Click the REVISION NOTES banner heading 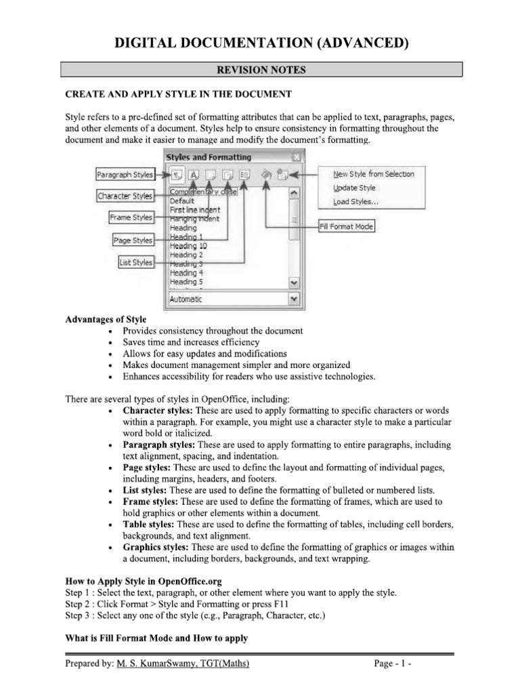(x=261, y=70)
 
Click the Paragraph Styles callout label (x=125, y=174)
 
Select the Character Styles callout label (x=125, y=196)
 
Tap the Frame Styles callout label (x=131, y=218)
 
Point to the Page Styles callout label (x=133, y=240)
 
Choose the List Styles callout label (x=135, y=262)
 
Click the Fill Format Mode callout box (x=346, y=226)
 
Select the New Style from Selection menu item (x=373, y=174)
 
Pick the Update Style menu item (x=353, y=188)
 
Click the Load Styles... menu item (x=355, y=202)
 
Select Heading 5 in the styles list (x=182, y=282)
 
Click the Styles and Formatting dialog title (x=208, y=157)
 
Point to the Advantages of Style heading (x=105, y=319)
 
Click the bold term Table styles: (x=148, y=525)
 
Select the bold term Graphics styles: (x=156, y=547)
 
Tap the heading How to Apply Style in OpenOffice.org (x=143, y=581)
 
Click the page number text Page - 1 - (x=393, y=664)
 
